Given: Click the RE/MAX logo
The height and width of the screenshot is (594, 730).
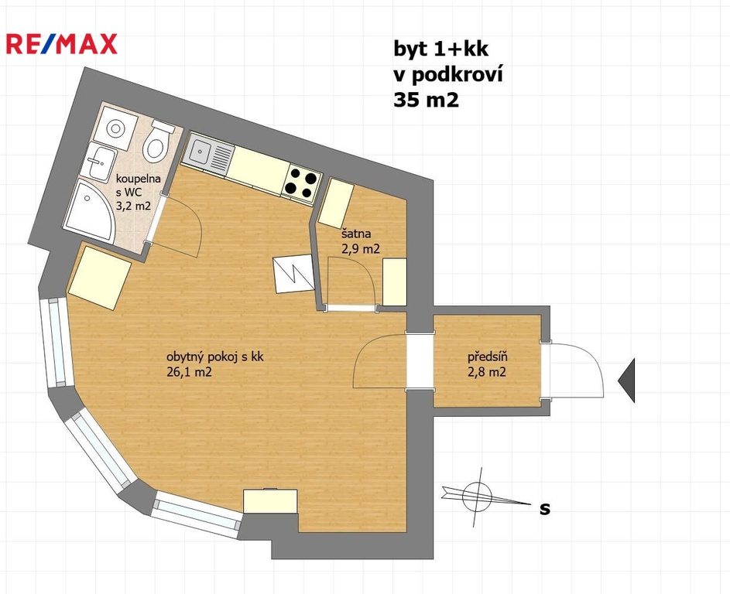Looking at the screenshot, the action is [x=61, y=44].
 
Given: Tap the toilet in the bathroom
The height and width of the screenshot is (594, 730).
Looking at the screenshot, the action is [x=158, y=140].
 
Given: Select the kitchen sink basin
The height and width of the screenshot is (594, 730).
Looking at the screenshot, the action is [x=201, y=150].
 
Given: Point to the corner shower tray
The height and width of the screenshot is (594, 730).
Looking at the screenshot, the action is [x=88, y=210].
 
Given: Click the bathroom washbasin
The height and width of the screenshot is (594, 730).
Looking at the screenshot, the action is [x=99, y=162].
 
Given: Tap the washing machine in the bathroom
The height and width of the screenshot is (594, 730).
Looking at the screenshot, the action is [x=115, y=127].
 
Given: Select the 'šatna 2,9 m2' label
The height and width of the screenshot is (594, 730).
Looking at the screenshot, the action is [x=361, y=242].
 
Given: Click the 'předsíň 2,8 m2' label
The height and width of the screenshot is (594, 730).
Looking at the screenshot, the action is [x=487, y=365].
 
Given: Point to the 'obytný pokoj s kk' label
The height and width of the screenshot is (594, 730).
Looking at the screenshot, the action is [x=215, y=357].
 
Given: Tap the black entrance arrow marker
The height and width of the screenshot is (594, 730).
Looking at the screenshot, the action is [x=626, y=381].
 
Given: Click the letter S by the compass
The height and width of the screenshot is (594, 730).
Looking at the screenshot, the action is [x=545, y=509].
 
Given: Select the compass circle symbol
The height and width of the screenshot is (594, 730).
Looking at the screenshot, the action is [x=477, y=497].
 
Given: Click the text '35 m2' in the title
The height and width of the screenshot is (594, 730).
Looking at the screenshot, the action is [x=426, y=100].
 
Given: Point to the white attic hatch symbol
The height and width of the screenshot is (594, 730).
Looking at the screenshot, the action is [x=293, y=274].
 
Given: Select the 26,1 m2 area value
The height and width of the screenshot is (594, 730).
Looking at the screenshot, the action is [x=189, y=372].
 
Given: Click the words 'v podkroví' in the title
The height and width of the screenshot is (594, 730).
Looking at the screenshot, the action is [x=448, y=74].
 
